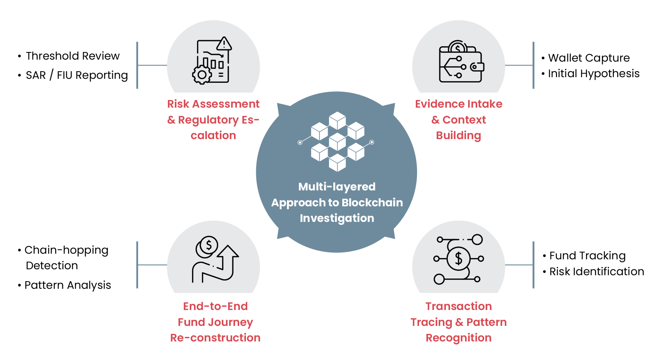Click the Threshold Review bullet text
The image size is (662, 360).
(x=72, y=56)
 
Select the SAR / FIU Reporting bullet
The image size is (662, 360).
(x=76, y=75)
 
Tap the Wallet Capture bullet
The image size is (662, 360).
(x=589, y=58)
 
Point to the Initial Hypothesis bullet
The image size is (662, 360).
(x=593, y=74)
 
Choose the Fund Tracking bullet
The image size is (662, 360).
(x=587, y=256)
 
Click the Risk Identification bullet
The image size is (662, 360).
(x=596, y=272)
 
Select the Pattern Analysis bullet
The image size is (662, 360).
(x=68, y=285)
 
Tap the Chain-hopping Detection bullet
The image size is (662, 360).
(x=66, y=258)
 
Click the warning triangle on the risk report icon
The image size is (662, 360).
(x=224, y=43)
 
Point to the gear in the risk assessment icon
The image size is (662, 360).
(x=202, y=75)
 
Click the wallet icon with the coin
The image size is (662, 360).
(x=461, y=63)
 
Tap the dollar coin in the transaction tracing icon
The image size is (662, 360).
(x=458, y=259)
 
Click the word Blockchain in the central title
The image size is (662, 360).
(x=372, y=203)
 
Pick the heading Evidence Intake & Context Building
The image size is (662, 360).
(x=458, y=120)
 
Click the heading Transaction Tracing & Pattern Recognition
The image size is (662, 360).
(x=458, y=322)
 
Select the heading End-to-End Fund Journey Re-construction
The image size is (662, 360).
(x=215, y=322)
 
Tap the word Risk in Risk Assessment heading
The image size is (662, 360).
(x=178, y=104)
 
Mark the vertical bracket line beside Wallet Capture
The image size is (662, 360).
(x=533, y=65)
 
